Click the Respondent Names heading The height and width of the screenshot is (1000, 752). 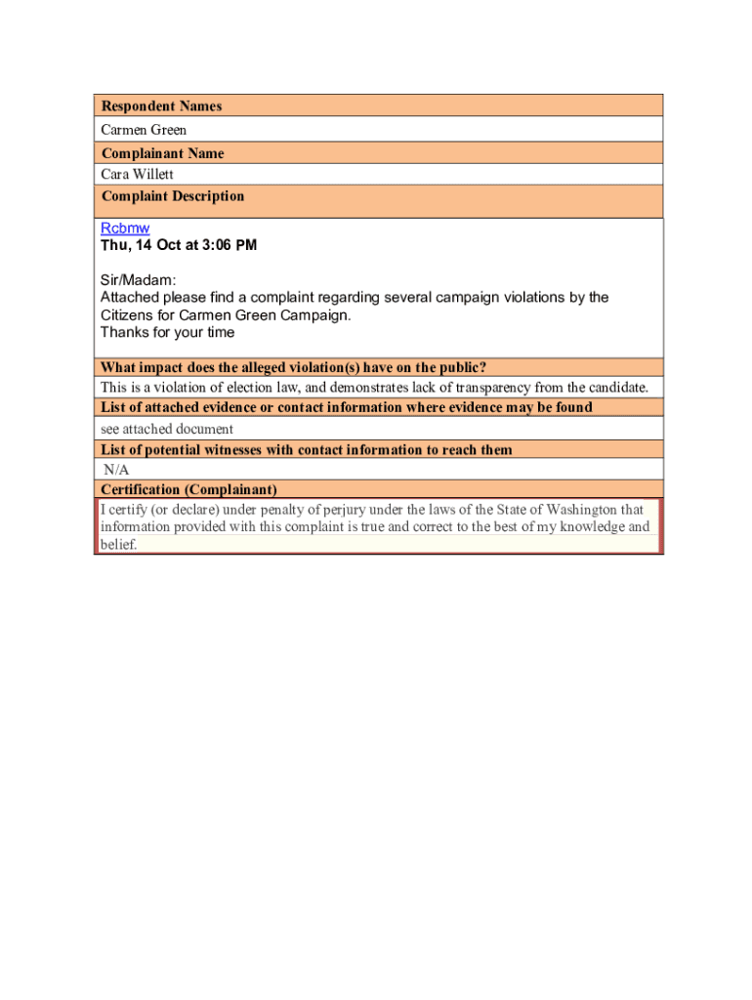tap(161, 106)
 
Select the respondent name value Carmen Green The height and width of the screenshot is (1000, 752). tap(144, 130)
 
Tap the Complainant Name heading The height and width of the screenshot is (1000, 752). tap(162, 153)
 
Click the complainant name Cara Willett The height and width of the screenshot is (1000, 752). tap(138, 175)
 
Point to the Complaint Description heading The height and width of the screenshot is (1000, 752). tap(172, 196)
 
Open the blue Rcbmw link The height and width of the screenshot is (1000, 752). tap(125, 229)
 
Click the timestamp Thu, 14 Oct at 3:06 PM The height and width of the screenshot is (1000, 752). tap(179, 245)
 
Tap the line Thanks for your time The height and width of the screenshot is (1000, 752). tap(167, 332)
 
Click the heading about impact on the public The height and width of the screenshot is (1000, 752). tap(293, 367)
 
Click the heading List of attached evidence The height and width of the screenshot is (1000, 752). tap(346, 407)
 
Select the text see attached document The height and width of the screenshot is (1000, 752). tap(167, 429)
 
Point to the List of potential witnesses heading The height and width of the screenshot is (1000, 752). tap(307, 449)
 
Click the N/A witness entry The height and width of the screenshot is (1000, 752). tap(116, 470)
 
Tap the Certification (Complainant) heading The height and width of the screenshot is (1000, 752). tap(188, 489)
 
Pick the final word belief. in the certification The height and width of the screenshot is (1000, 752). tap(118, 545)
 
